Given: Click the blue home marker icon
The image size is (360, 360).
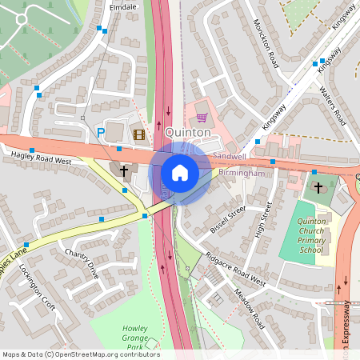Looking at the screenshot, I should pyautogui.click(x=180, y=172).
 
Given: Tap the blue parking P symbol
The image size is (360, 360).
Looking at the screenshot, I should pyautogui.click(x=101, y=134).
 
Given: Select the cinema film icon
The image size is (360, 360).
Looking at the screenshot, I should pyautogui.click(x=140, y=134).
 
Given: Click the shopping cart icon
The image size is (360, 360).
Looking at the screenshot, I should pyautogui.click(x=201, y=117).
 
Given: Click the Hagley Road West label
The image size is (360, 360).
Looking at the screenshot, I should pyautogui.click(x=37, y=160).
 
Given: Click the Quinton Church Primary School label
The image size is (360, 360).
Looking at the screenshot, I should pyautogui.click(x=312, y=235).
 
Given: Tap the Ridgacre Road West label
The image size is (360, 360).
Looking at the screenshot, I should pyautogui.click(x=234, y=269).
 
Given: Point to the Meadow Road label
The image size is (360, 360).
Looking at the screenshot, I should pyautogui.click(x=250, y=309).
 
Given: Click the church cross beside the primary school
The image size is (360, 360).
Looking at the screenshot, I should pyautogui.click(x=318, y=188).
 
